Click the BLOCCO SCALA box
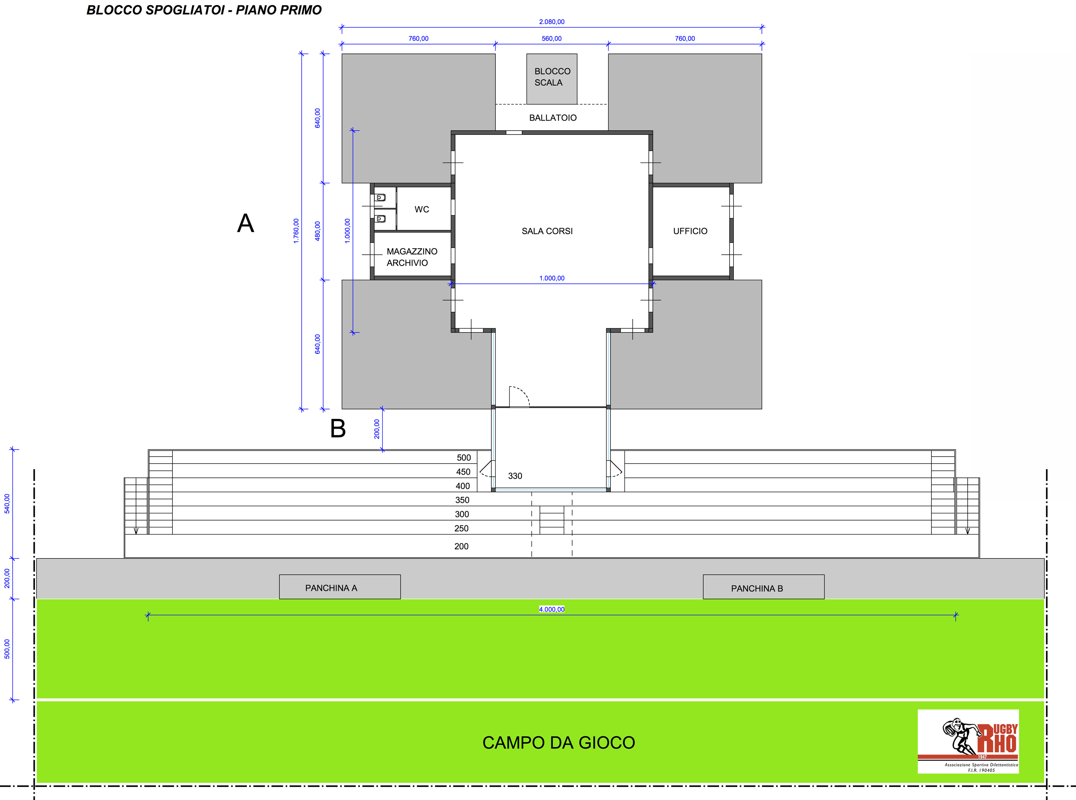coord(552,79)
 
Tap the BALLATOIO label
coord(553,118)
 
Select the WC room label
coord(421,209)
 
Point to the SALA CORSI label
coord(547,231)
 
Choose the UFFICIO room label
coord(690,231)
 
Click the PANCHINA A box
coord(340,587)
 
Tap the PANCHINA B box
coord(763,587)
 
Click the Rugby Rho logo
coord(968,742)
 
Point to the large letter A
coord(245,223)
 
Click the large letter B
coord(338,429)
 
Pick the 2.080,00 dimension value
coord(552,22)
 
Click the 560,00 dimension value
coord(552,39)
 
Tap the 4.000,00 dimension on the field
coord(552,609)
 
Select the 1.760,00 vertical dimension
coord(296,231)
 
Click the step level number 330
coord(515,476)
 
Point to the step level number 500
coord(464,458)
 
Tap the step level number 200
coord(461,546)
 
